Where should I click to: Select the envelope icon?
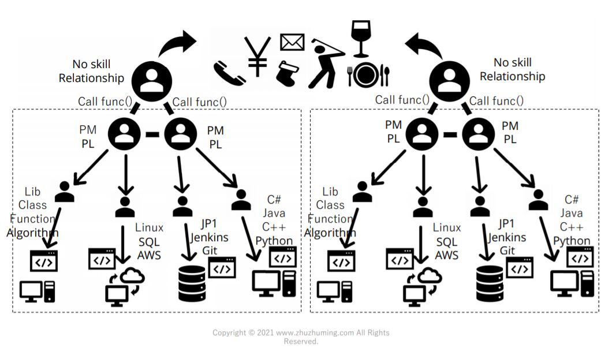292,42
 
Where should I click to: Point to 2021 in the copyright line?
265,333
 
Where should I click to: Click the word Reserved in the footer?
301,342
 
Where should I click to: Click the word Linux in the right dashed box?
447,228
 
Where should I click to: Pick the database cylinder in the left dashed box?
191,282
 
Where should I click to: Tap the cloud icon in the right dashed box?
428,277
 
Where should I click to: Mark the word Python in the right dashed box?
572,241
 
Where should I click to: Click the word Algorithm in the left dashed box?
32,232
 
